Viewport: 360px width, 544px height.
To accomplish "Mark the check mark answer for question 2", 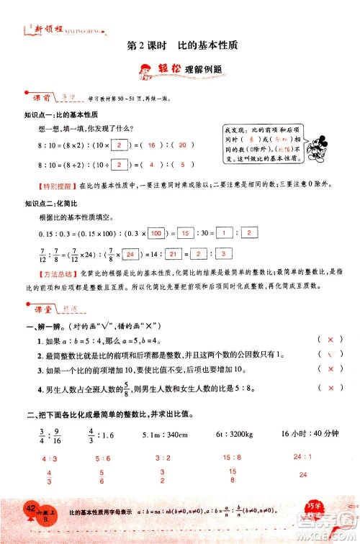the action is (330, 354).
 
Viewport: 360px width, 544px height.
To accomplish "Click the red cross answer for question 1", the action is (330, 339).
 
